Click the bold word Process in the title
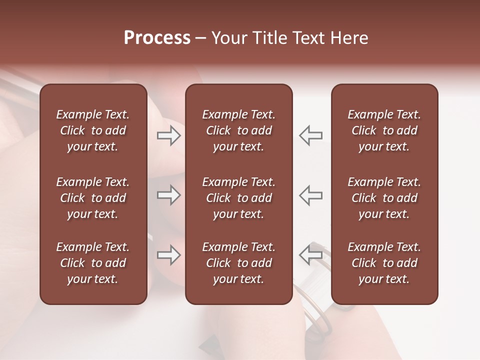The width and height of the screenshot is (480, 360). coord(157,38)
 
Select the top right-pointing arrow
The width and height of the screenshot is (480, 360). coord(168,135)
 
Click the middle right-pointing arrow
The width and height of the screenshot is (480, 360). coord(168,195)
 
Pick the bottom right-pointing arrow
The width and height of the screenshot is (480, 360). coord(168,255)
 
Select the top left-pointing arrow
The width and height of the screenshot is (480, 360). coord(311,135)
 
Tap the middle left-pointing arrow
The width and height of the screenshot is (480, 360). coord(311,195)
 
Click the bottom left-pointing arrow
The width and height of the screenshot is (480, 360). coord(311,255)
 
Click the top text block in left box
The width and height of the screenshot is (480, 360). coord(93,130)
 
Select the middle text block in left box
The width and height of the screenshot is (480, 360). coord(93,198)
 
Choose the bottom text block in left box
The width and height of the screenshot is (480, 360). coord(93,263)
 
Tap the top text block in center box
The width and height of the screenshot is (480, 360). coord(238,130)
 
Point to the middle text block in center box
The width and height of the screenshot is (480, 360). coord(238,198)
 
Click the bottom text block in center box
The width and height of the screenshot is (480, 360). coord(238,263)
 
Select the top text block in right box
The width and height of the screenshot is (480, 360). coord(384,130)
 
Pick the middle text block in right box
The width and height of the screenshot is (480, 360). coord(384,198)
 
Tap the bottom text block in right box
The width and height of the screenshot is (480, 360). coord(384,263)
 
